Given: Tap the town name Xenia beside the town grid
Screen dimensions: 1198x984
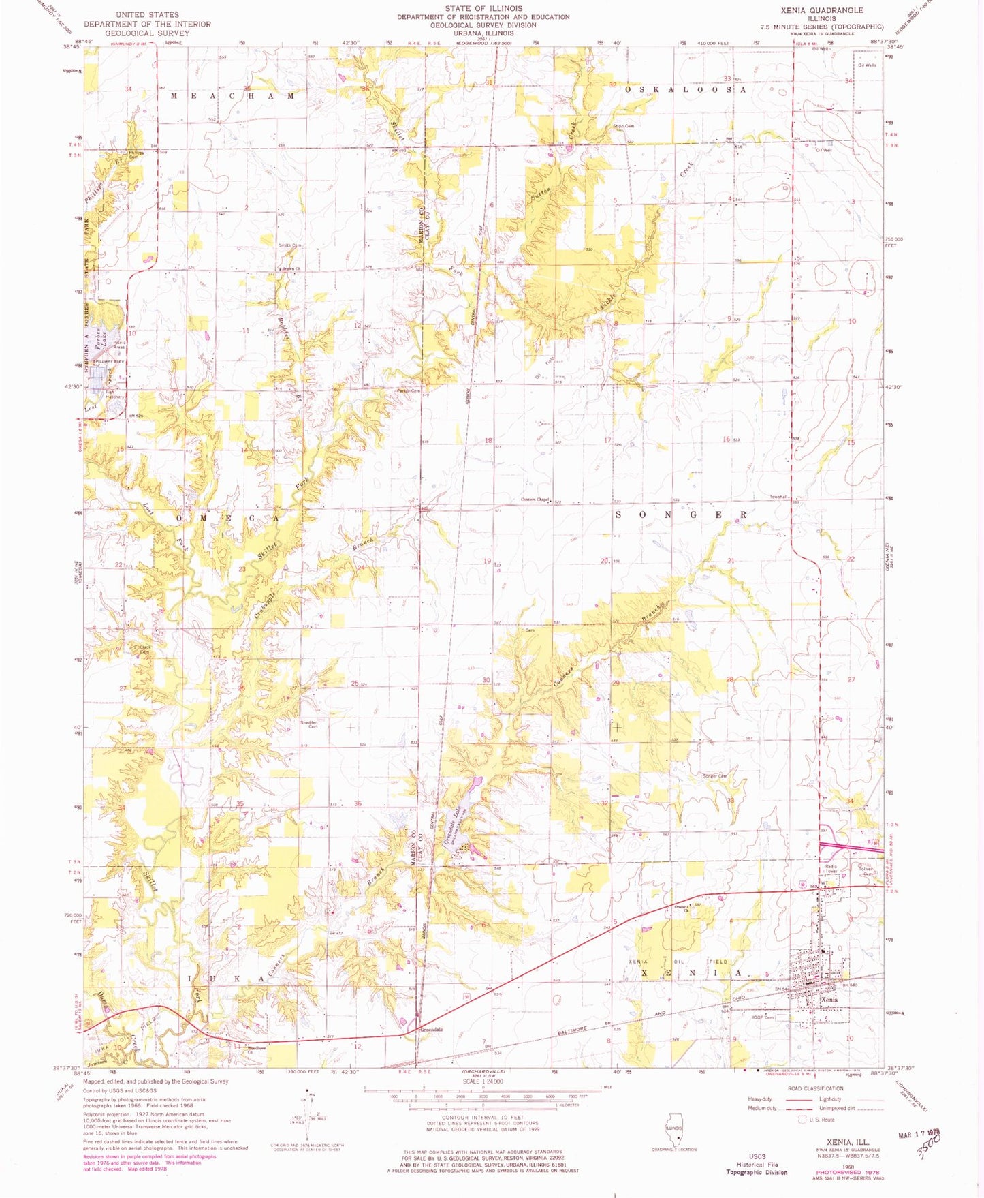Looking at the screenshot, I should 828,999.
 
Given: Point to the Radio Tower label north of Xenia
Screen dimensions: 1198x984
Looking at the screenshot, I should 829,869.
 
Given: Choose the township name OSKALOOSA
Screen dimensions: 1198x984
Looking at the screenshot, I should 687,89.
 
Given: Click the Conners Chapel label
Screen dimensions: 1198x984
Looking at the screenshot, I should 535,500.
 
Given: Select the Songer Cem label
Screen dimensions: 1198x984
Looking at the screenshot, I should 715,776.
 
